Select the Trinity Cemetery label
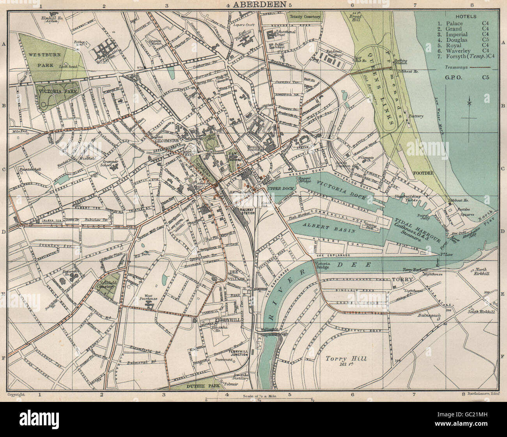click(x=304, y=17)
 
